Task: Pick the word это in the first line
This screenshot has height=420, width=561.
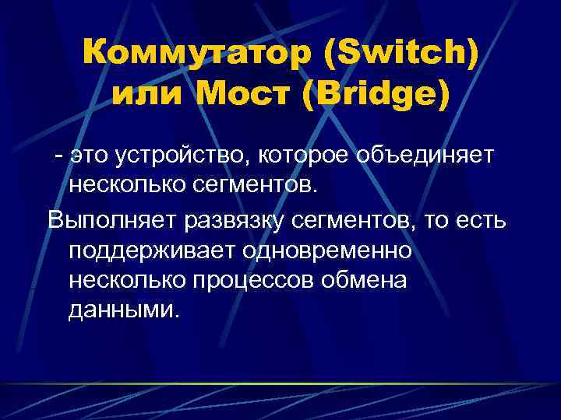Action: coord(89,156)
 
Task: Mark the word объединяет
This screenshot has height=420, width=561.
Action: coord(425,156)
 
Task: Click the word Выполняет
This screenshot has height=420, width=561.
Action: coord(112,220)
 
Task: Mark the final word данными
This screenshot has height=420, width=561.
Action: coord(124,310)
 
